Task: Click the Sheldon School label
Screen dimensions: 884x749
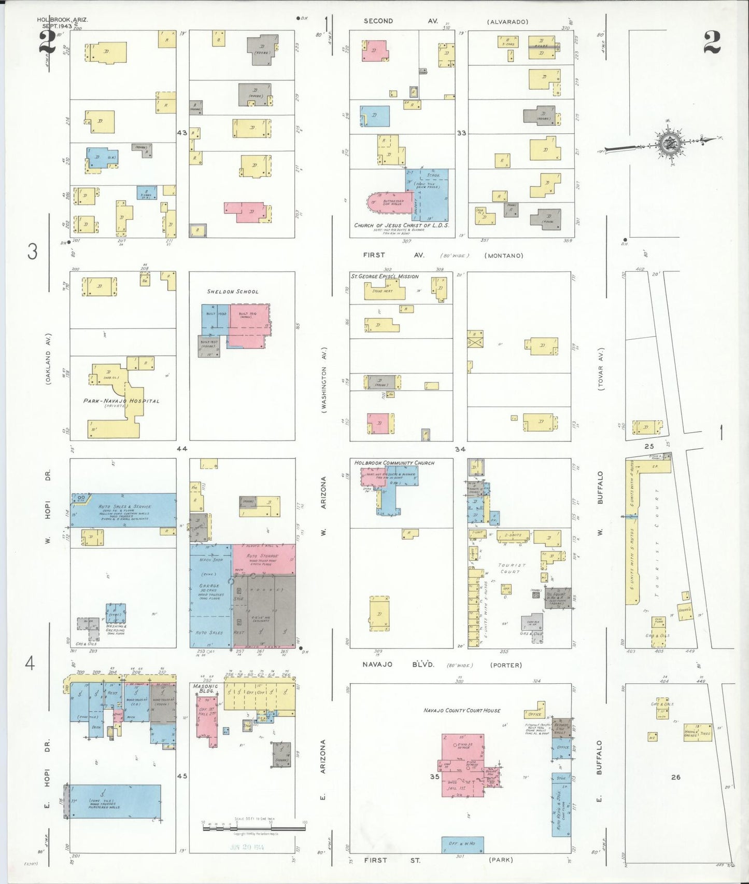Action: click(232, 292)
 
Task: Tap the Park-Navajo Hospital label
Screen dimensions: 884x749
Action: click(121, 401)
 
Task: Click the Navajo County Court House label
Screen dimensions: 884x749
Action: click(461, 710)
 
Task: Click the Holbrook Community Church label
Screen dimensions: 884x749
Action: click(394, 463)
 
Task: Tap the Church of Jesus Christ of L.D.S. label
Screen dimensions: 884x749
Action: click(401, 226)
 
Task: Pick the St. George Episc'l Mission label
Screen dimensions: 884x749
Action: click(385, 277)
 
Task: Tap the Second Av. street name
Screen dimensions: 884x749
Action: click(401, 21)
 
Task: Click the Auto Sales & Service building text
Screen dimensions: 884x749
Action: click(125, 507)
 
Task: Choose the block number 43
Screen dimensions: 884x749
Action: click(182, 133)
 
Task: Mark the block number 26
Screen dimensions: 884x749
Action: click(675, 777)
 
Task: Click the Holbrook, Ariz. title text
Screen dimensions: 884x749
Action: click(62, 20)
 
